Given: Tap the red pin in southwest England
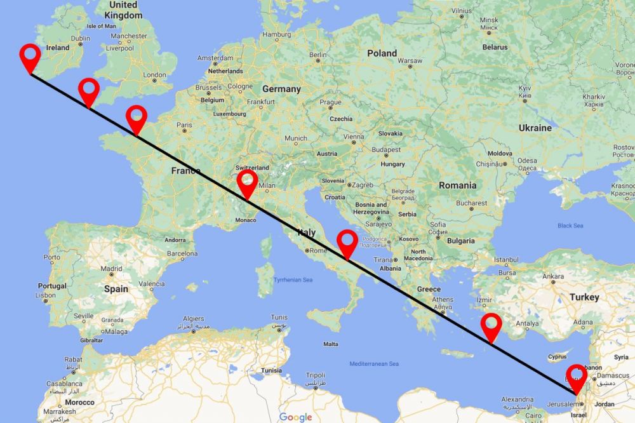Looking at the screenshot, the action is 88,91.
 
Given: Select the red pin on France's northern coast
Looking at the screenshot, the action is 136,117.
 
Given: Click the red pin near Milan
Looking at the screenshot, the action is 246,182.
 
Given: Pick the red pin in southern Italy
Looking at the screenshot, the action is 347,242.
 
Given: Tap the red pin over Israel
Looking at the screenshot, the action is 577,377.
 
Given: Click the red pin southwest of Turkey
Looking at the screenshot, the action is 491,326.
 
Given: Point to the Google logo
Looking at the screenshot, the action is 296,417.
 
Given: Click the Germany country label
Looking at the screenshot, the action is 281,89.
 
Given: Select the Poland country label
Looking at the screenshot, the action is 382,53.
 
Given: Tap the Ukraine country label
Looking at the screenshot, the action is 535,128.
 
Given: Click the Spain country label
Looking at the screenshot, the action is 116,289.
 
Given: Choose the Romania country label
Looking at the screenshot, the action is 457,185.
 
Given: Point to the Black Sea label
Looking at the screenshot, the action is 570,225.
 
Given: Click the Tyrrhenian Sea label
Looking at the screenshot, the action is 293,279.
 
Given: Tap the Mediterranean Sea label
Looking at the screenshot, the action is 374,364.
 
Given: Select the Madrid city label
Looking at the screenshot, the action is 110,269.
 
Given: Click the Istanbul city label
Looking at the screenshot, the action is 507,260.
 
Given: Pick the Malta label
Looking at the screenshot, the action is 330,344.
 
